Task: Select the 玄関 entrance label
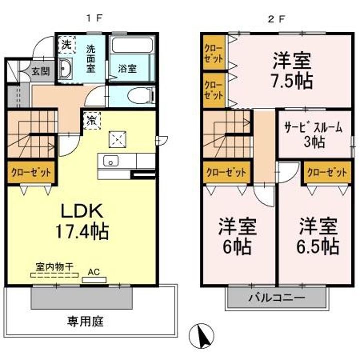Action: pos(41,71)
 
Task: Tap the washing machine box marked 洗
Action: pos(66,44)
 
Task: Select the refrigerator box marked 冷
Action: pos(92,120)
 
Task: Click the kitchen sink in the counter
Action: pos(110,161)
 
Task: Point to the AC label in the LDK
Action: pos(93,272)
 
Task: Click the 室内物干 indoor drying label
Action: pos(54,267)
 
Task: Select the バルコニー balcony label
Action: pos(277,299)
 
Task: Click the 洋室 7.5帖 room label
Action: pos(292,71)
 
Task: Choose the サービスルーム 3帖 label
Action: pos(313,134)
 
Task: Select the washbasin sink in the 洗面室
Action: pos(66,69)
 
